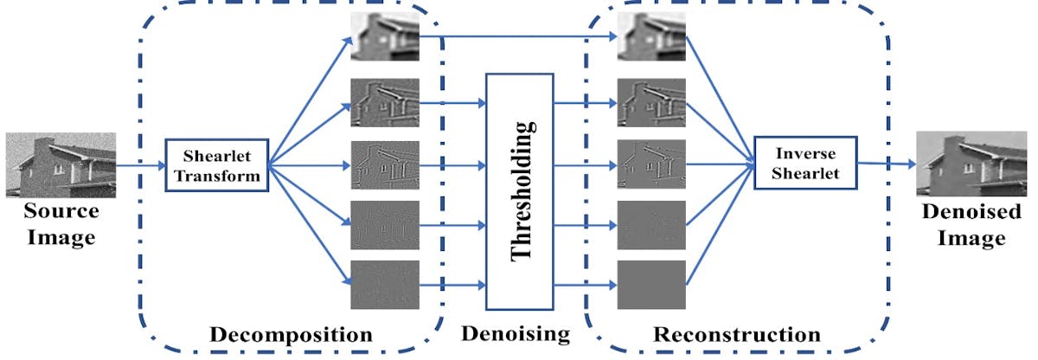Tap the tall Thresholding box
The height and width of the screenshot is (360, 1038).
(519, 191)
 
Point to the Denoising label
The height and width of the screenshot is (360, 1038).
(515, 334)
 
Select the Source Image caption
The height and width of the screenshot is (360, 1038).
(60, 224)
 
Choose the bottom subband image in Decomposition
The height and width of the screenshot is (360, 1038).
(385, 285)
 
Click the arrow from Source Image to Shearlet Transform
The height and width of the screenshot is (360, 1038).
(139, 165)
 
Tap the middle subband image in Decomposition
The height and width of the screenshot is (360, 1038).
(385, 164)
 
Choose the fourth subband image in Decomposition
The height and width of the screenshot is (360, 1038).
(385, 225)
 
